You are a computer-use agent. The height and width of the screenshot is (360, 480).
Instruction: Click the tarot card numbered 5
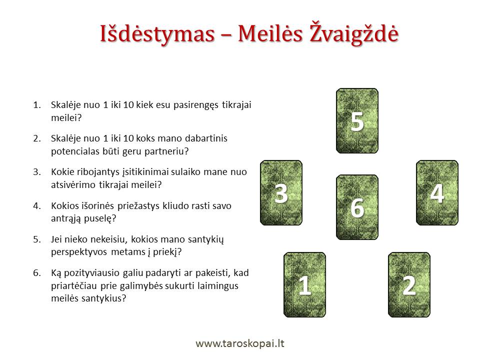coord(357,121)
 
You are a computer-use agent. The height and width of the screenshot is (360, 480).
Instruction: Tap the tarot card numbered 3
coord(281,193)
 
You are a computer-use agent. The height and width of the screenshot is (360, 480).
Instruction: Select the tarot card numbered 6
coord(357,207)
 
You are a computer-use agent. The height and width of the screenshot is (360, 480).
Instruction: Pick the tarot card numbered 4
coord(437,193)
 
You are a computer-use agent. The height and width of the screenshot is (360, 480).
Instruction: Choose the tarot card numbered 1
coord(305,284)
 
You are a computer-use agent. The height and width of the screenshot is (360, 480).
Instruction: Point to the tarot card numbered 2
coord(409,284)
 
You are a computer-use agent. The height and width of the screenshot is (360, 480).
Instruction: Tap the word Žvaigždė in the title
coord(354,33)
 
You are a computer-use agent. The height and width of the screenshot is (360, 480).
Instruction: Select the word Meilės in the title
coord(270,33)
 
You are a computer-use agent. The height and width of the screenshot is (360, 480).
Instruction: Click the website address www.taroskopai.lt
coord(240,343)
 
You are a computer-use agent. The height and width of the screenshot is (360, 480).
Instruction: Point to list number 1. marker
coord(37,105)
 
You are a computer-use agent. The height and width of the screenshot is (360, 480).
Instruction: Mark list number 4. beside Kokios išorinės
coord(37,205)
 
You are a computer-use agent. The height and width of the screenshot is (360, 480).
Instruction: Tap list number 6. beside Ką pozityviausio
coord(37,273)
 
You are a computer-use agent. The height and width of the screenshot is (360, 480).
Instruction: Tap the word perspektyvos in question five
coord(79,252)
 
